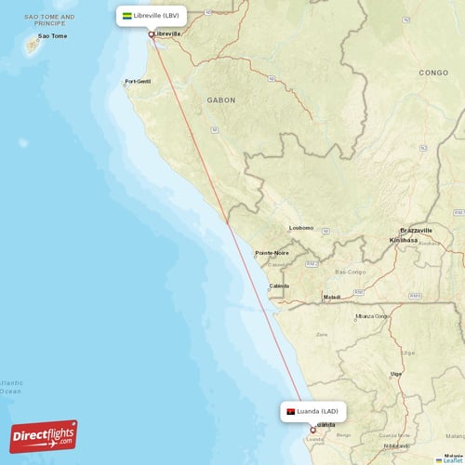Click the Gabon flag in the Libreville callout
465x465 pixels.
click(x=127, y=16)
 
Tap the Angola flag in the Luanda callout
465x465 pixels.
click(x=291, y=411)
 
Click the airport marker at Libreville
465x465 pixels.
click(x=152, y=34)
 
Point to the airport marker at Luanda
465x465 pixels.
click(x=312, y=430)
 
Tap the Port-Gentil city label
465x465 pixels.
click(x=138, y=82)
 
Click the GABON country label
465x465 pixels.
click(x=221, y=100)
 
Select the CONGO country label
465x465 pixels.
click(x=433, y=72)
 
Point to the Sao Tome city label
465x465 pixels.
click(x=52, y=36)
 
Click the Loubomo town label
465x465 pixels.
click(x=301, y=227)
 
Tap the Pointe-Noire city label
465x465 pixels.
click(x=272, y=252)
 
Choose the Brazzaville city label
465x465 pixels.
click(x=416, y=230)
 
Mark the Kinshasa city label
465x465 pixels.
click(x=404, y=239)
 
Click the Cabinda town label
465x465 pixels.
click(x=279, y=286)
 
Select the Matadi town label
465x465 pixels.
click(x=332, y=297)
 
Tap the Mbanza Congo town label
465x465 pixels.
click(x=372, y=315)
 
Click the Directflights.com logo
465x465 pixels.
click(x=44, y=435)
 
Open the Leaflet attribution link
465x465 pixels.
click(x=453, y=459)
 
